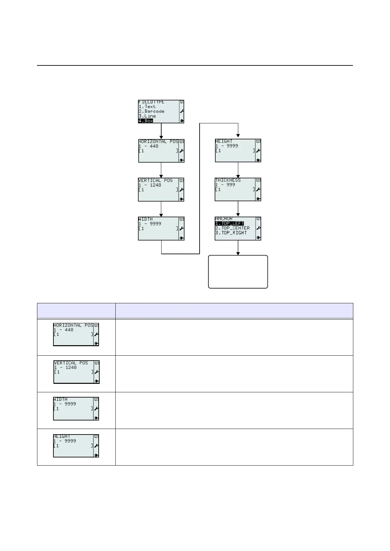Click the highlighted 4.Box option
[x=146, y=121]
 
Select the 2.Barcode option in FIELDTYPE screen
[x=151, y=111]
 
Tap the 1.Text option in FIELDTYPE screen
[x=147, y=107]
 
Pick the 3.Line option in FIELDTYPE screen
[x=147, y=116]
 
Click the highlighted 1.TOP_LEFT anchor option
[x=229, y=223]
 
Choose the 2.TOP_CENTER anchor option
[x=232, y=228]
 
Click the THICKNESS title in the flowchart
[x=228, y=180]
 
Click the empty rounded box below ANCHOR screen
[x=238, y=272]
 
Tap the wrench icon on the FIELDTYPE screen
[x=182, y=111]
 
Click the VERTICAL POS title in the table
[x=71, y=363]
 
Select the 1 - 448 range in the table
[x=64, y=330]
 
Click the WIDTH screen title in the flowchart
[x=146, y=219]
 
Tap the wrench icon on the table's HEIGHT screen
[x=96, y=446]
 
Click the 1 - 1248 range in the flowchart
[x=150, y=185]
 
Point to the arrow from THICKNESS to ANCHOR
[x=238, y=209]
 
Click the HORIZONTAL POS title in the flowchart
[x=158, y=142]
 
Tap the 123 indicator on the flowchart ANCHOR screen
[x=259, y=219]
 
